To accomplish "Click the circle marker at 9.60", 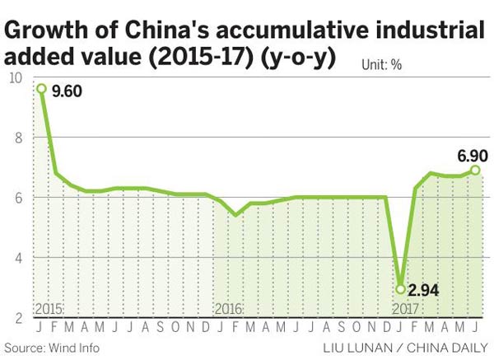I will tap(40, 89).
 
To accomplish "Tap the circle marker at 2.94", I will tap(401, 289).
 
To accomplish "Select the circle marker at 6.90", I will tap(476, 171).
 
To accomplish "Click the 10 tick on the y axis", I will tap(14, 78).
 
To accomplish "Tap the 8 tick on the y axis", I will tap(16, 138).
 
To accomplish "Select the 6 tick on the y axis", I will tap(16, 198).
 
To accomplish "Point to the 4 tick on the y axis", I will tap(16, 258).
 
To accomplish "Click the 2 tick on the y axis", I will tap(16, 318).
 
